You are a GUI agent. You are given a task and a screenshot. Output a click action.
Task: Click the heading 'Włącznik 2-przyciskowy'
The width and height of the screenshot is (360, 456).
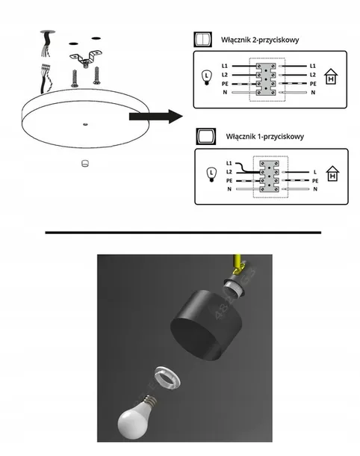(x=259, y=39)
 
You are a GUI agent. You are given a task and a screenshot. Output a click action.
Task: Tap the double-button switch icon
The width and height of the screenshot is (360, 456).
(x=201, y=39)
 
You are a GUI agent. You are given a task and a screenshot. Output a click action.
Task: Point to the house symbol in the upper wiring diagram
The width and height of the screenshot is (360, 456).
(x=332, y=77)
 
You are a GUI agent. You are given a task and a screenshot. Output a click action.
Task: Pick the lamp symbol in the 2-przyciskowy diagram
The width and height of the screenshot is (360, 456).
(x=208, y=76)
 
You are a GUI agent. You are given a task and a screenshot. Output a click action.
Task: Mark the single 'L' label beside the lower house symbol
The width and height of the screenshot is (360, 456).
(x=315, y=172)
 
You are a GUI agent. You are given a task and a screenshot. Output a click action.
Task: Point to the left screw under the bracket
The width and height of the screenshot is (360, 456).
(x=74, y=76)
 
